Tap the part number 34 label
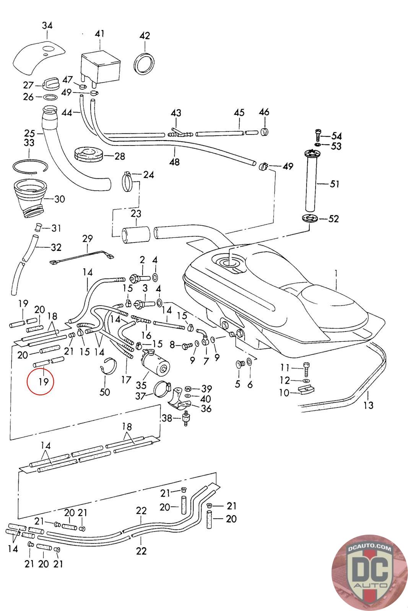click(x=47, y=26)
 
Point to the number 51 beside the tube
click(x=335, y=184)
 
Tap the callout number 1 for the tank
click(x=336, y=273)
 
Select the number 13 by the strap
click(x=368, y=405)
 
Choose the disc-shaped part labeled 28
click(x=88, y=156)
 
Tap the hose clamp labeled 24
click(x=128, y=181)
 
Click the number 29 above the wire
click(x=88, y=239)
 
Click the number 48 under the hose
click(x=174, y=162)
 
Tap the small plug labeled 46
click(x=265, y=132)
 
